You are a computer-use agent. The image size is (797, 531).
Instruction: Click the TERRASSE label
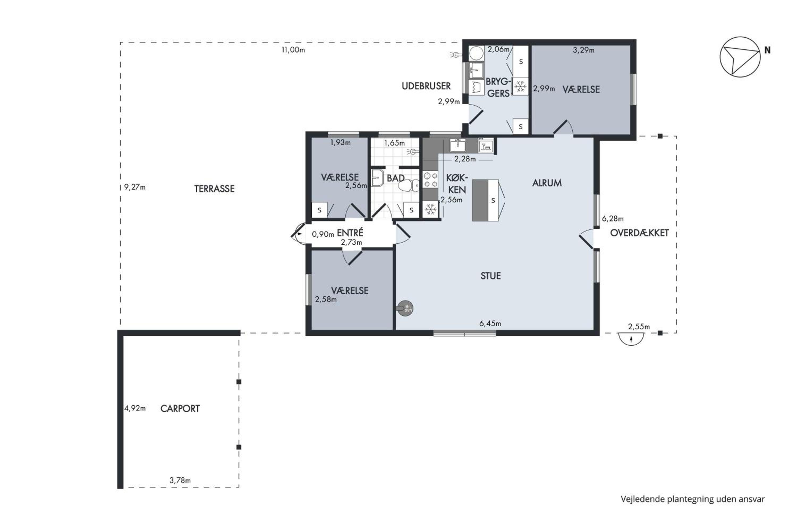coord(214,189)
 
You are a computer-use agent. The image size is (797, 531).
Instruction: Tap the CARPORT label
coord(180,408)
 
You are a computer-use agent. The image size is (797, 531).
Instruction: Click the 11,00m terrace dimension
coord(293,50)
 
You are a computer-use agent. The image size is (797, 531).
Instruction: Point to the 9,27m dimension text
coord(135,187)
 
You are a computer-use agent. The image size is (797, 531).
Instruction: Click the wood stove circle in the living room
coord(405,308)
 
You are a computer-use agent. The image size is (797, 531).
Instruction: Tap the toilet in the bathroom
coord(408,186)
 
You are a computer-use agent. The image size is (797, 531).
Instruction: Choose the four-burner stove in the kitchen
coord(430,180)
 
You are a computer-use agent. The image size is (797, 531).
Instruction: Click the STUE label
coord(490,276)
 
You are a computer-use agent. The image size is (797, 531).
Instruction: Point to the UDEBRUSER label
coord(426,86)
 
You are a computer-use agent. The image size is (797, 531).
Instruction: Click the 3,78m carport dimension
coord(180,480)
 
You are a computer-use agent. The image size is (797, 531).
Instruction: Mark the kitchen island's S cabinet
coord(493,200)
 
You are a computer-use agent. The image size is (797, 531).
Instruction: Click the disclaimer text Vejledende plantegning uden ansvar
coord(693,499)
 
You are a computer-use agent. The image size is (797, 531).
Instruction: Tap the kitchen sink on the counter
coord(457,145)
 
